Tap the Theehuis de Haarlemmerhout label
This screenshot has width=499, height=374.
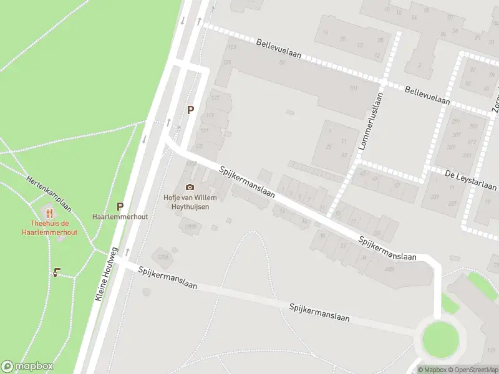pyautogui.click(x=49, y=227)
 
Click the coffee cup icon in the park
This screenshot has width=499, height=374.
pyautogui.click(x=56, y=272)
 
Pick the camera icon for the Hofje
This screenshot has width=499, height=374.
pyautogui.click(x=190, y=187)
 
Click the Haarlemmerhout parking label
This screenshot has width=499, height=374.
pyautogui.click(x=120, y=216)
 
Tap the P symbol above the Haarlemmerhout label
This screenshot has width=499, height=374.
pyautogui.click(x=120, y=206)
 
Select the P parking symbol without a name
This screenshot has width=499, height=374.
pyautogui.click(x=191, y=110)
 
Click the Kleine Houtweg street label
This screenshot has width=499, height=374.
pyautogui.click(x=107, y=274)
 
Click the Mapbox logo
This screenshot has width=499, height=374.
pyautogui.click(x=27, y=367)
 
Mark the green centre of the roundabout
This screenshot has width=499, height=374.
pyautogui.click(x=440, y=340)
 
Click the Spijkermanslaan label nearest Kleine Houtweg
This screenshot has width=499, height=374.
pyautogui.click(x=168, y=278)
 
